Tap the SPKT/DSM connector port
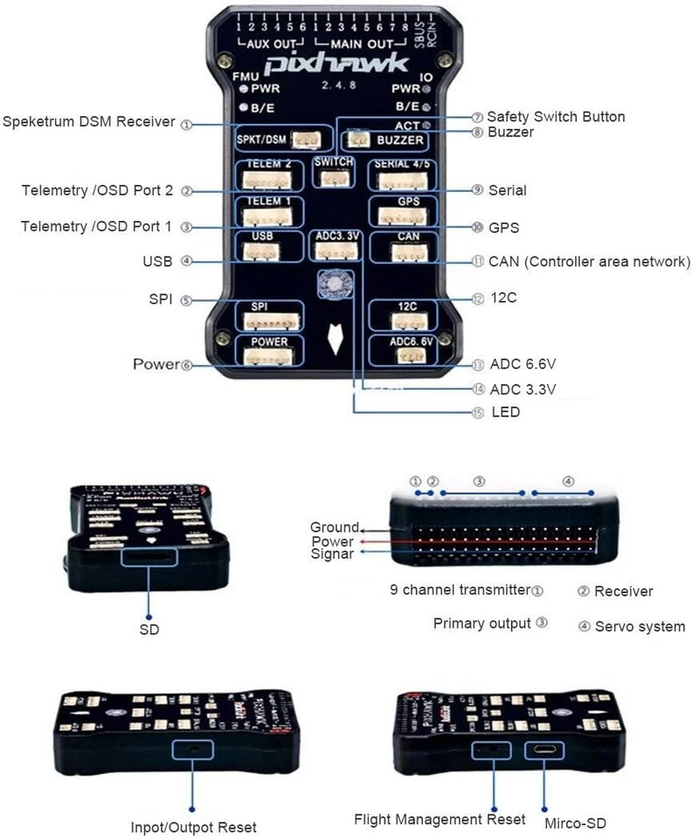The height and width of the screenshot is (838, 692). pos(303,140)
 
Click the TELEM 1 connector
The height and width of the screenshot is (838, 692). pos(267,216)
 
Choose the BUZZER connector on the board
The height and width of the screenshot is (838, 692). pos(358,138)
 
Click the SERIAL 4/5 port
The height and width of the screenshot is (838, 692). pos(400,180)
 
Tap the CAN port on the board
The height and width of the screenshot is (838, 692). pos(400,252)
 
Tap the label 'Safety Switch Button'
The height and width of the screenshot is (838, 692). pos(556,116)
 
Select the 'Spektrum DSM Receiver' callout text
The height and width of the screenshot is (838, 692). pos(89,121)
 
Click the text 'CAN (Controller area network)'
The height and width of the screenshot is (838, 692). pos(590,261)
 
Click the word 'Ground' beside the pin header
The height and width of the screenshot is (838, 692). pos(334,527)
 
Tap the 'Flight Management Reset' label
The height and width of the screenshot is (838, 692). pos(439,819)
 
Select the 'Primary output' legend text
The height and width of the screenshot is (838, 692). pos(481,623)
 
